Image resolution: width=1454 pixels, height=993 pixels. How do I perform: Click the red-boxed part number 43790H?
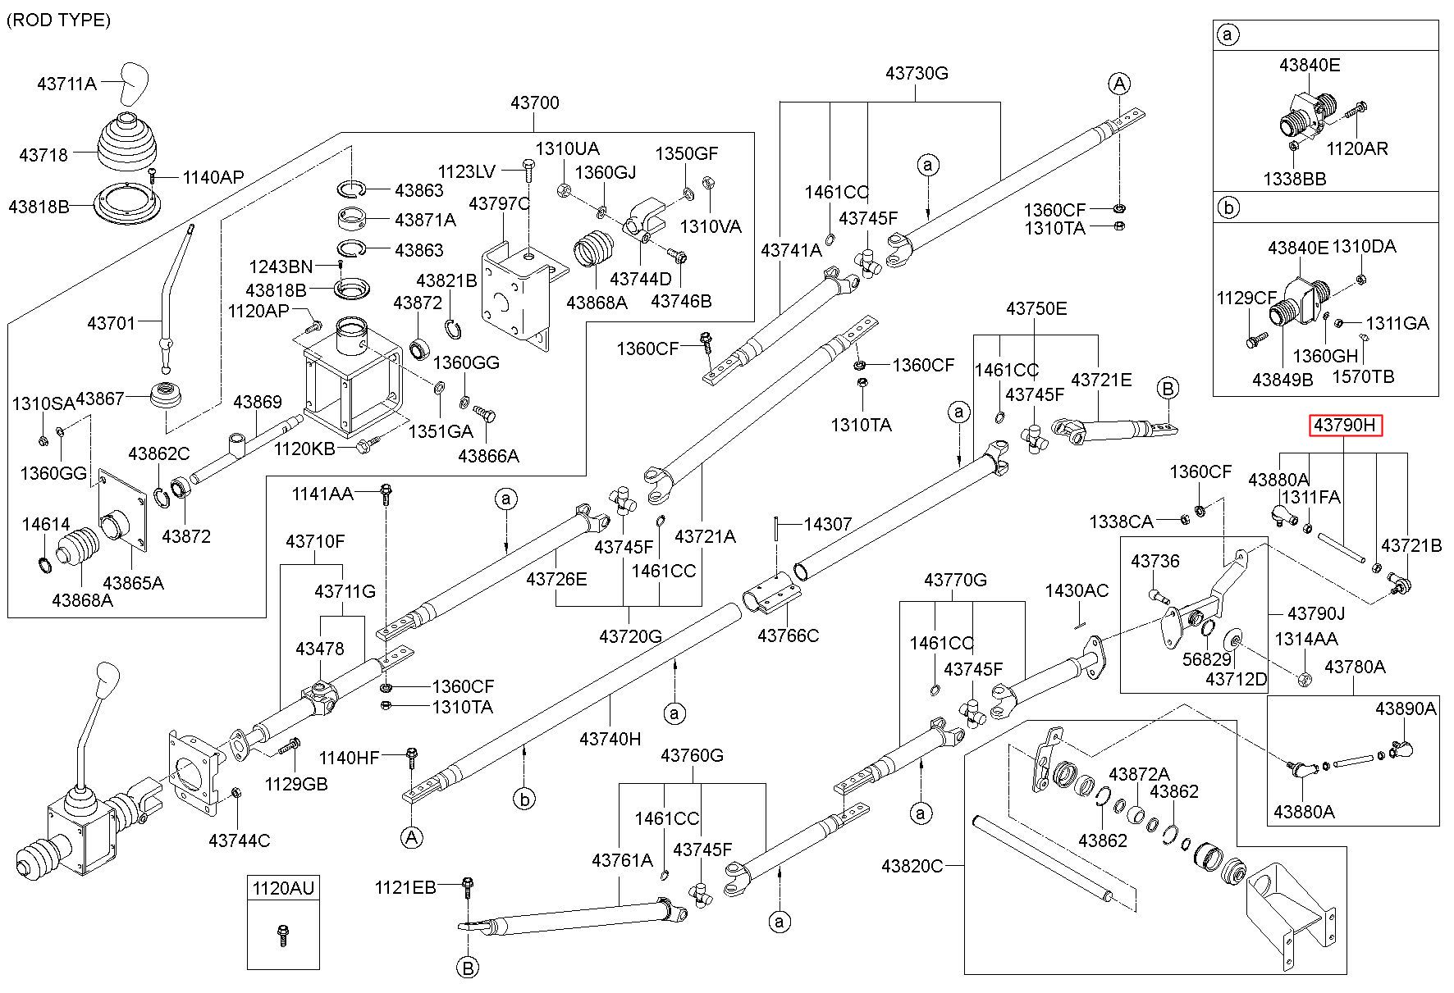click(1345, 425)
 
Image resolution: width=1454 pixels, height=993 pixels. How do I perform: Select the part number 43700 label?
click(534, 102)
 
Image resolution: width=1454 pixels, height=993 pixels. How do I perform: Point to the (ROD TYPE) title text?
click(58, 20)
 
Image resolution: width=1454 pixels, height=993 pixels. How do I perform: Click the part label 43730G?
click(917, 73)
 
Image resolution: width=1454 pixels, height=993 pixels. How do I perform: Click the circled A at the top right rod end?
click(1119, 83)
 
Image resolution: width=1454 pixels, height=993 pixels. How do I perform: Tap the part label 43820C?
click(912, 866)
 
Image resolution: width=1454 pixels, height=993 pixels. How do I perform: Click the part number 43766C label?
click(788, 635)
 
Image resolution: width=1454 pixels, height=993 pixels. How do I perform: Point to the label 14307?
click(827, 523)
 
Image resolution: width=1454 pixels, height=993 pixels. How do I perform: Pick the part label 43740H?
click(610, 739)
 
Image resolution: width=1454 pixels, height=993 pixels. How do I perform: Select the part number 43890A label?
click(1406, 708)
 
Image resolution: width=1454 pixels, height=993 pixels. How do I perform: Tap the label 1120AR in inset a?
click(1358, 148)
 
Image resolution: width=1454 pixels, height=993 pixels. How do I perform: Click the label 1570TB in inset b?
click(1363, 376)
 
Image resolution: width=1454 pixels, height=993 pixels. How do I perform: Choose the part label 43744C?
click(239, 840)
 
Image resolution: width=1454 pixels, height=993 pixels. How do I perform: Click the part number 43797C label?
click(500, 203)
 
